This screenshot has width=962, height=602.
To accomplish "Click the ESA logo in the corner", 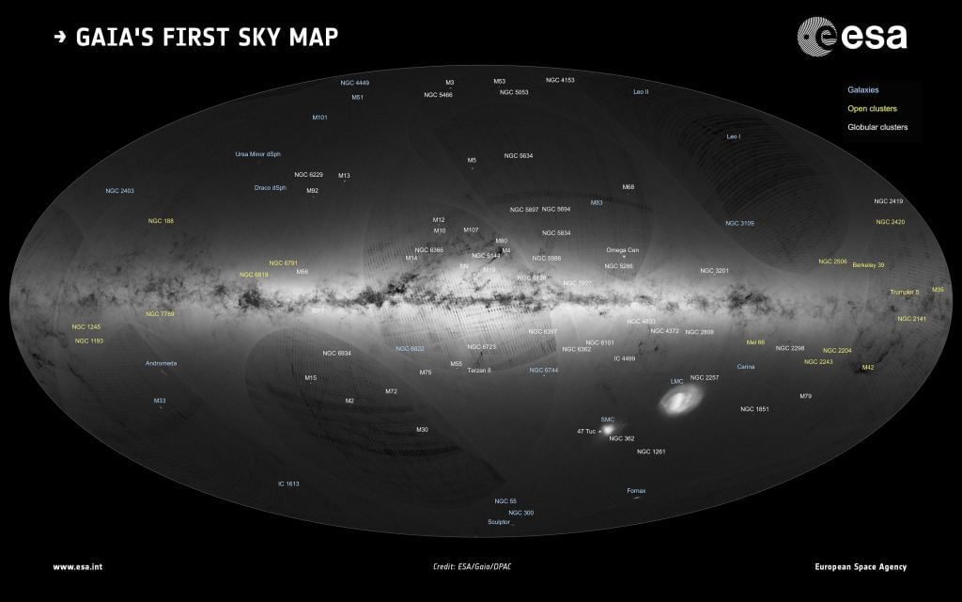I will (x=852, y=36).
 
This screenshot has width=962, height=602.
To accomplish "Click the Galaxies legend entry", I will (x=862, y=90).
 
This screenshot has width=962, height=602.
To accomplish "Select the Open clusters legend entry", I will (x=872, y=108).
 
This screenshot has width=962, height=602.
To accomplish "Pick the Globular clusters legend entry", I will (x=877, y=127).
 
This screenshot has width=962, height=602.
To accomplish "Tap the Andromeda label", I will (x=161, y=363).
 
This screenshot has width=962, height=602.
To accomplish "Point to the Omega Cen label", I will (x=622, y=250).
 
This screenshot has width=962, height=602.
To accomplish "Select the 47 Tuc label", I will (x=586, y=431).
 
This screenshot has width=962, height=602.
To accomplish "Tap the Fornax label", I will (x=636, y=491).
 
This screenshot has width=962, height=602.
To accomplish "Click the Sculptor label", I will (x=499, y=522).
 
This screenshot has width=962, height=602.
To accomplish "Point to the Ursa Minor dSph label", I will (x=257, y=154).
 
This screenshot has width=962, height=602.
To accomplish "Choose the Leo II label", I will (x=641, y=92).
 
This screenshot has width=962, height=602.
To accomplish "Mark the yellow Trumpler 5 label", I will (x=904, y=293).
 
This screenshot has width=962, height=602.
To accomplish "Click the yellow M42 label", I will (x=867, y=367).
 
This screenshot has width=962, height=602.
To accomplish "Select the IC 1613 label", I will (x=287, y=483).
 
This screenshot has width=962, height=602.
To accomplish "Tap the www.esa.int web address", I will (x=77, y=567).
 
